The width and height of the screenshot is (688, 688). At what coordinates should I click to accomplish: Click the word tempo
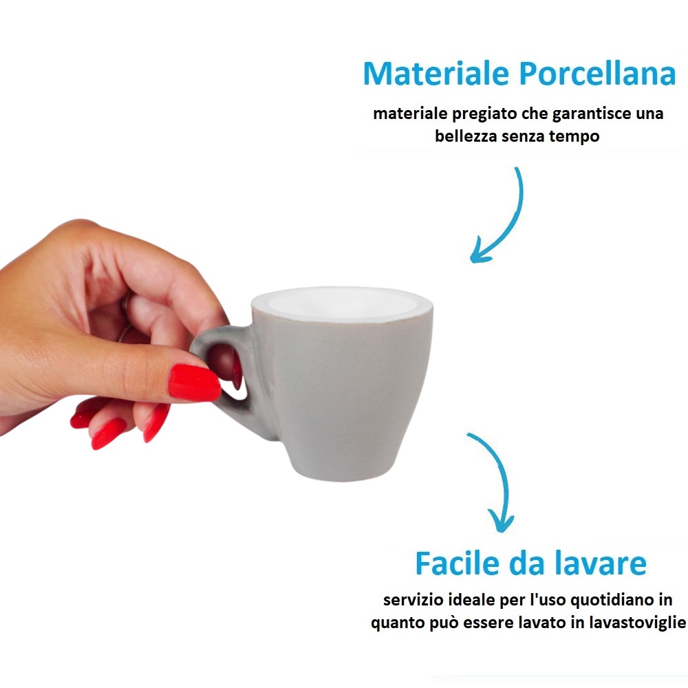point(574,136)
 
